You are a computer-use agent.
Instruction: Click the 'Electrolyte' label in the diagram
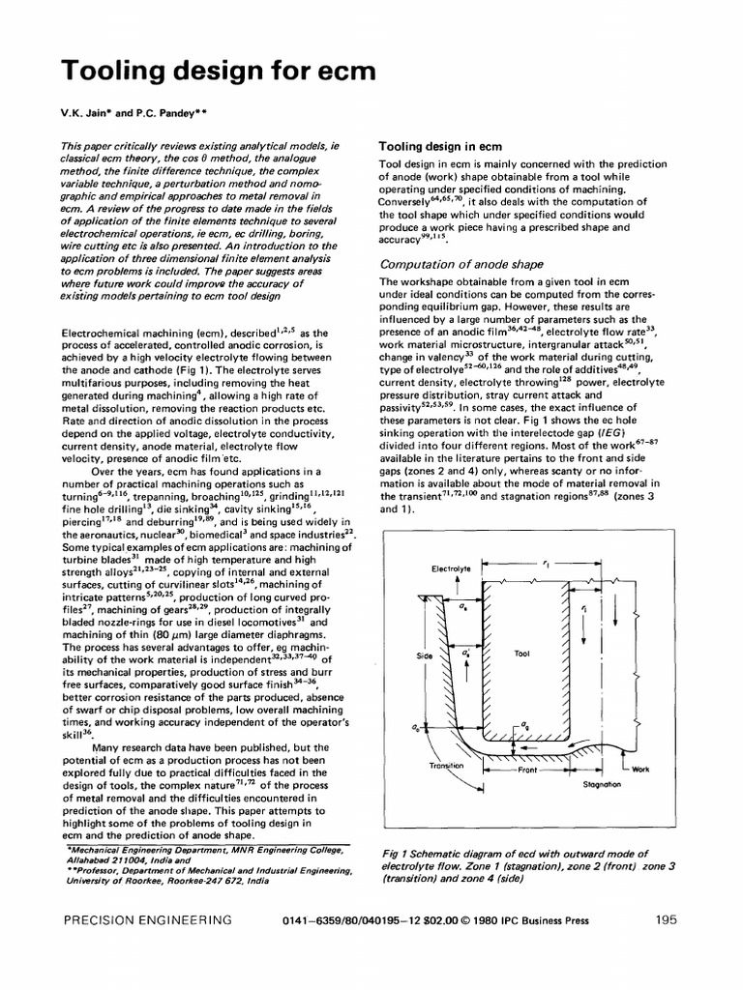coord(451,569)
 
